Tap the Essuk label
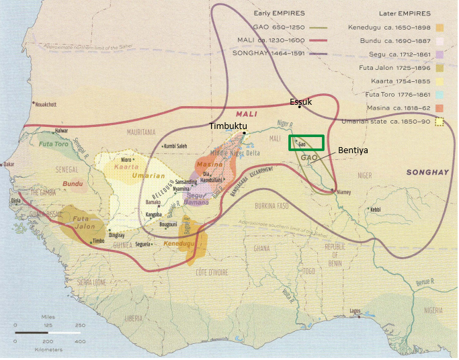tap(300, 102)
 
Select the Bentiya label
tap(354, 150)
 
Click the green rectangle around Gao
tap(306, 142)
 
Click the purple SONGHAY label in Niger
tap(427, 173)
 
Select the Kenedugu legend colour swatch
tap(440, 28)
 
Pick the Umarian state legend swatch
tap(440, 122)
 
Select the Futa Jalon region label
tap(79, 222)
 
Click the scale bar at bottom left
tap(47, 332)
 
